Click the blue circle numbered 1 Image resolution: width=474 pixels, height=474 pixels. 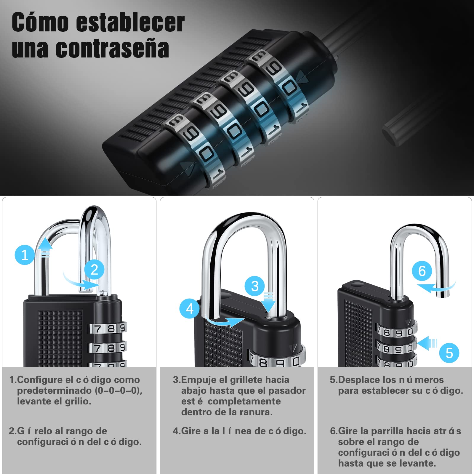coord(25,255)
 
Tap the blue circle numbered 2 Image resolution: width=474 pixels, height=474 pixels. coord(94,270)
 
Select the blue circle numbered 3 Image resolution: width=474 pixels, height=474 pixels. coord(255,286)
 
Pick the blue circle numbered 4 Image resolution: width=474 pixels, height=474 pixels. coord(190,309)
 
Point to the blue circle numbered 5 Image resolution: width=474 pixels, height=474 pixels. coord(449,353)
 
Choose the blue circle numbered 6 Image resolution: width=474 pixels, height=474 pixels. coord(422,271)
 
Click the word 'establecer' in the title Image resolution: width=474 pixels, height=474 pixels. coord(130,23)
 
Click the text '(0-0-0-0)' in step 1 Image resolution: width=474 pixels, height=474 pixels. coord(118,390)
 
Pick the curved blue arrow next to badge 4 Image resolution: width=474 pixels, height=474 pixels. coord(225,321)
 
